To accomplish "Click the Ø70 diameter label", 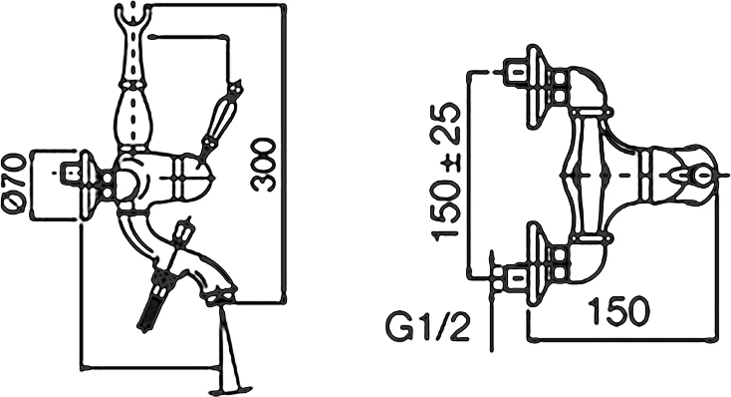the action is [14, 184].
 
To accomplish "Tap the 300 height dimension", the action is [263, 165].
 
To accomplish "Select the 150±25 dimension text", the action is [446, 173].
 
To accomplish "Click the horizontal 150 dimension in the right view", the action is [618, 310].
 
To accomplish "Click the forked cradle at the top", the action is [133, 15].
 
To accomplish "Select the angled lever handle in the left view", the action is [220, 119].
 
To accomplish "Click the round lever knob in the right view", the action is [700, 177].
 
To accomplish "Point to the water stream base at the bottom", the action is [231, 388].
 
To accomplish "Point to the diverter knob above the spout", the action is [183, 233].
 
